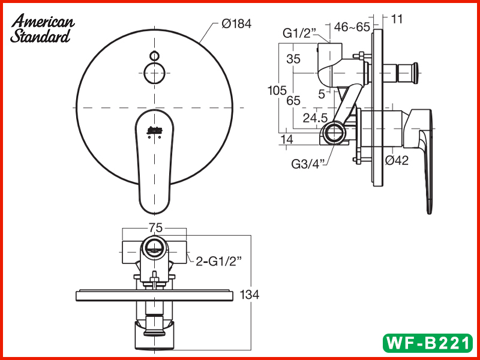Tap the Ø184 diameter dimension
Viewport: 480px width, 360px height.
click(x=236, y=24)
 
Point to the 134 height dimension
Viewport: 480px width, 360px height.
click(x=266, y=295)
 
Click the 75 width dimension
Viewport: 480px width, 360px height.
click(x=155, y=228)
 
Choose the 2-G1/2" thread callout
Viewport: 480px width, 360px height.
click(x=219, y=260)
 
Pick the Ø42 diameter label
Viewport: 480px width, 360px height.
click(x=397, y=160)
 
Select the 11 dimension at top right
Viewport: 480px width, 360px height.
click(x=397, y=19)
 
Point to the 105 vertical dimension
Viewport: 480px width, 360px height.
click(x=277, y=91)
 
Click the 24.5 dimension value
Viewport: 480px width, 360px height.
click(x=315, y=118)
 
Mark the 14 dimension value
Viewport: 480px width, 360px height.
click(x=286, y=139)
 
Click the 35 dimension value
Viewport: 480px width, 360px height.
click(x=293, y=59)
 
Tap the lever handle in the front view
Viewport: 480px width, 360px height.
click(x=154, y=159)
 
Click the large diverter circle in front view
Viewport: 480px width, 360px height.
click(x=154, y=74)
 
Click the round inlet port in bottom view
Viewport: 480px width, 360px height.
click(x=154, y=246)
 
